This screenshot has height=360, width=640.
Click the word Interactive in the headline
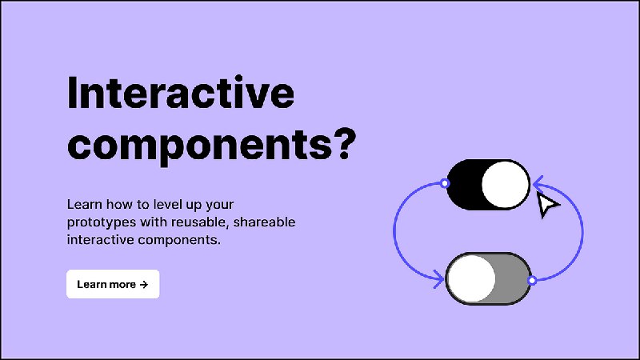click(x=181, y=93)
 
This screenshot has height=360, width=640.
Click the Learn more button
click(x=113, y=284)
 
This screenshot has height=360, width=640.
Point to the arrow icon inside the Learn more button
click(x=144, y=285)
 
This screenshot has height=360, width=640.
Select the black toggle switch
click(x=488, y=185)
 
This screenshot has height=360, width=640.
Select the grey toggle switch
click(x=488, y=278)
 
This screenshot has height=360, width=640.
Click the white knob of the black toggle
click(x=506, y=185)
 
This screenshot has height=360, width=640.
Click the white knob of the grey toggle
click(x=472, y=278)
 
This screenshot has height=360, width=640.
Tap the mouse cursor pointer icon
click(x=547, y=205)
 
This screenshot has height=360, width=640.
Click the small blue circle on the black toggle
click(x=446, y=183)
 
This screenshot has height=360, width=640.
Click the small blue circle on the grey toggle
click(x=532, y=281)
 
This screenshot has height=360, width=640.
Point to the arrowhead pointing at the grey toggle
click(x=439, y=279)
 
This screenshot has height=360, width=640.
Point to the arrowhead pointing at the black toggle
click(x=538, y=185)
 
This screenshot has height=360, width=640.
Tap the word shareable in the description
click(x=264, y=222)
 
